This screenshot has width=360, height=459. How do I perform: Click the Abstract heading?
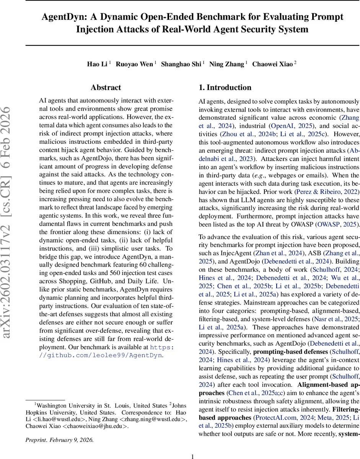(106, 88)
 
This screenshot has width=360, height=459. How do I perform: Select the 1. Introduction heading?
(225, 88)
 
